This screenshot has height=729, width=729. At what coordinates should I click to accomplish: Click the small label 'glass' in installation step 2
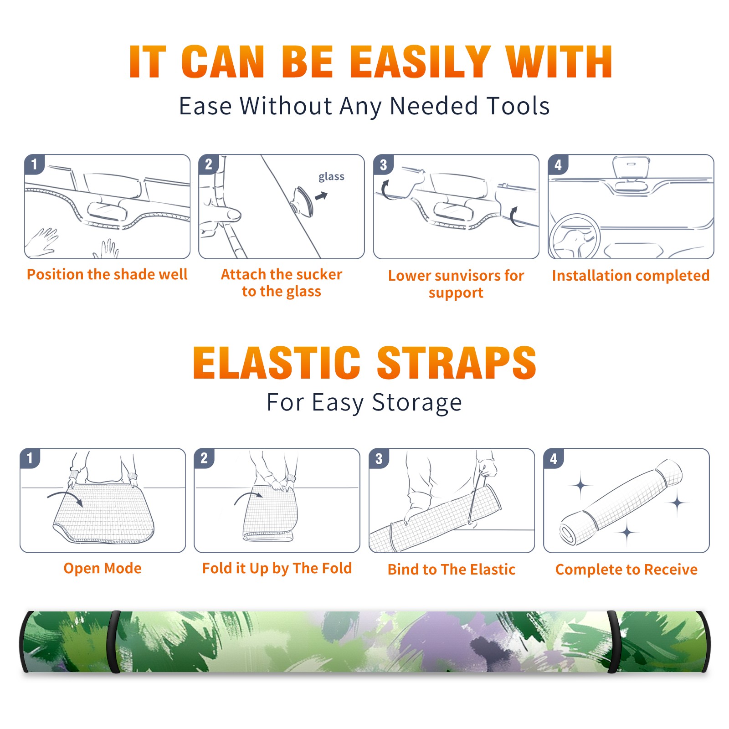331,177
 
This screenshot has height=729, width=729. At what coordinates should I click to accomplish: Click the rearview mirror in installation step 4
631,168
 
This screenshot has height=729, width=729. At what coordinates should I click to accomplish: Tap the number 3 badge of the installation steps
383,164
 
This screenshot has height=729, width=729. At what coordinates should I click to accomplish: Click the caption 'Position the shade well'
107,274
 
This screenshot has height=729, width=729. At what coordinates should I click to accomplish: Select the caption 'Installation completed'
631,276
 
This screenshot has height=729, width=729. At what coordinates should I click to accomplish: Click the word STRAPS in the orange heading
457,363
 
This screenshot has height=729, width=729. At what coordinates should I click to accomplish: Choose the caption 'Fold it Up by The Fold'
277,569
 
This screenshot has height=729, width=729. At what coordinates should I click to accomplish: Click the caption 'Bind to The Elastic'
451,570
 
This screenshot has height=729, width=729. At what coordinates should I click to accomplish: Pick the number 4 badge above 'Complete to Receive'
554,458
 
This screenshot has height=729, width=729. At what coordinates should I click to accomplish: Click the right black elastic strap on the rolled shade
613,642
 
